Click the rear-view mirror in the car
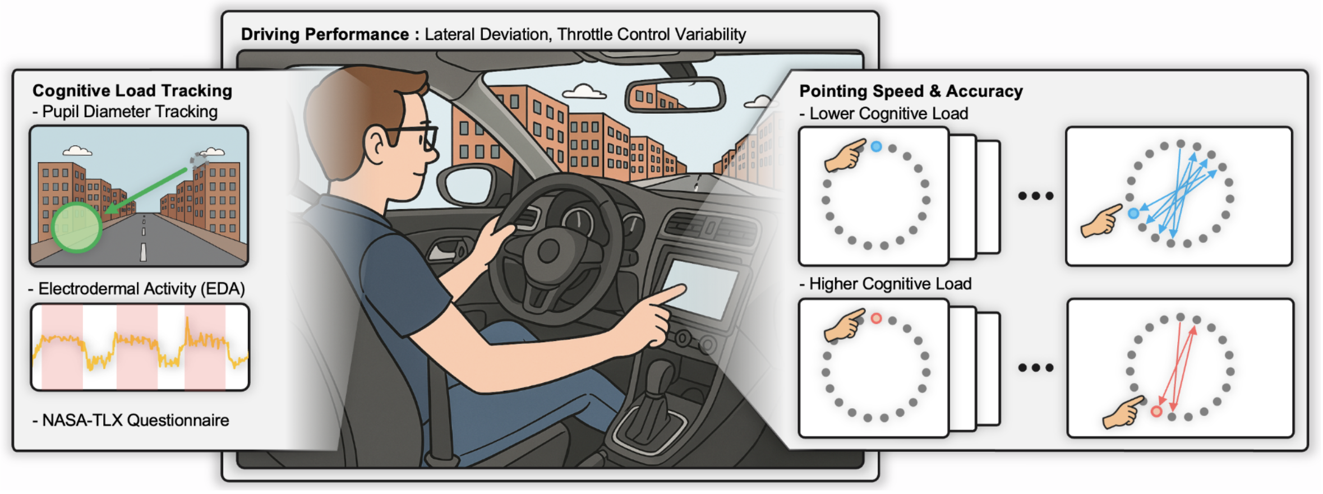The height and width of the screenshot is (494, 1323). [x=675, y=95]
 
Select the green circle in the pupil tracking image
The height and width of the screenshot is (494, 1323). [x=77, y=227]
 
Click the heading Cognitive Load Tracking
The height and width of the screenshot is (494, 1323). [x=132, y=91]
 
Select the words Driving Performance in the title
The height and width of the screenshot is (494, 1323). [x=325, y=35]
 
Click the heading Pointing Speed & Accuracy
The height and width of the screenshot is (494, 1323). [x=911, y=91]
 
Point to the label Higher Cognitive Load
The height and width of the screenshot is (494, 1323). [x=890, y=284]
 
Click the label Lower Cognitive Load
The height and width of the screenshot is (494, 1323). [x=889, y=114]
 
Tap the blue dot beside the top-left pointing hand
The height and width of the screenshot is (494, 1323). [x=876, y=147]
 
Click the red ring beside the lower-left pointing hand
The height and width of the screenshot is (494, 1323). [x=876, y=318]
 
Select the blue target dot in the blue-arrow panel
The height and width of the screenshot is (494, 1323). [x=1133, y=214]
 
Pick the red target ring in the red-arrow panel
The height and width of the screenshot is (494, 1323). [x=1156, y=412]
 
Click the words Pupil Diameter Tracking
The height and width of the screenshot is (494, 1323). [x=130, y=112]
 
